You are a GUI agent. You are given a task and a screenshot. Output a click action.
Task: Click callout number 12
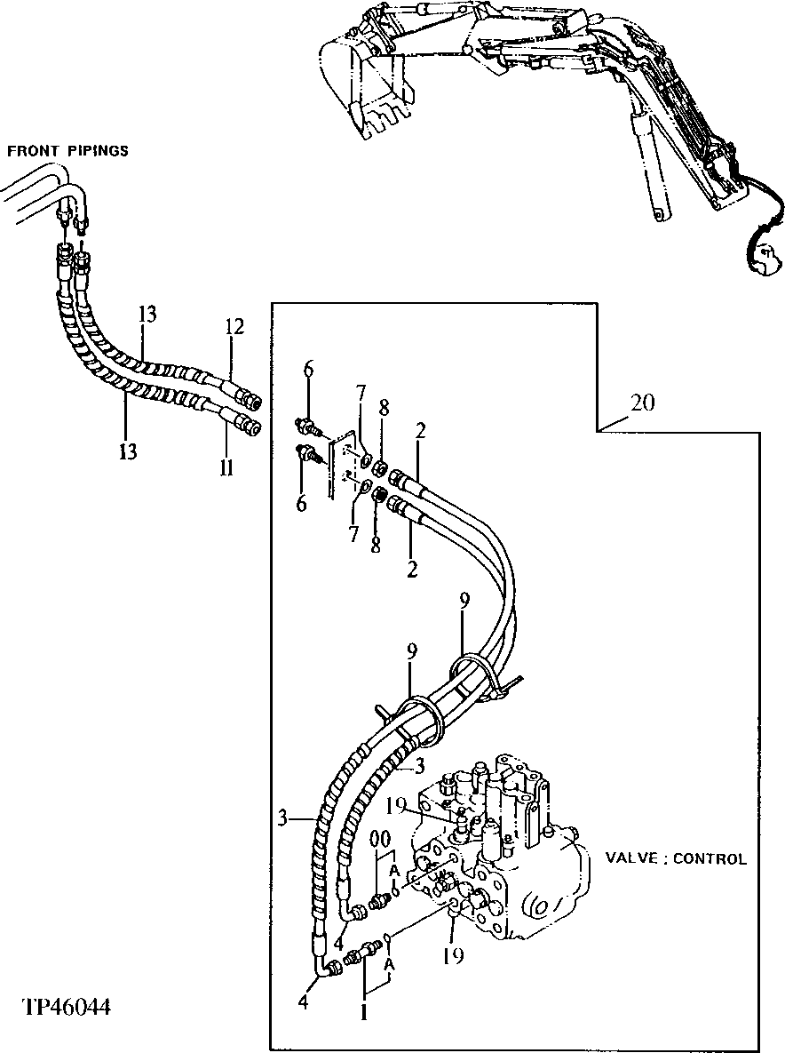[x=234, y=327]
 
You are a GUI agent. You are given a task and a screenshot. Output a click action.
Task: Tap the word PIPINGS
[x=98, y=151]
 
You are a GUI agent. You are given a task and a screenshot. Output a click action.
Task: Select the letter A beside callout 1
[x=389, y=964]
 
